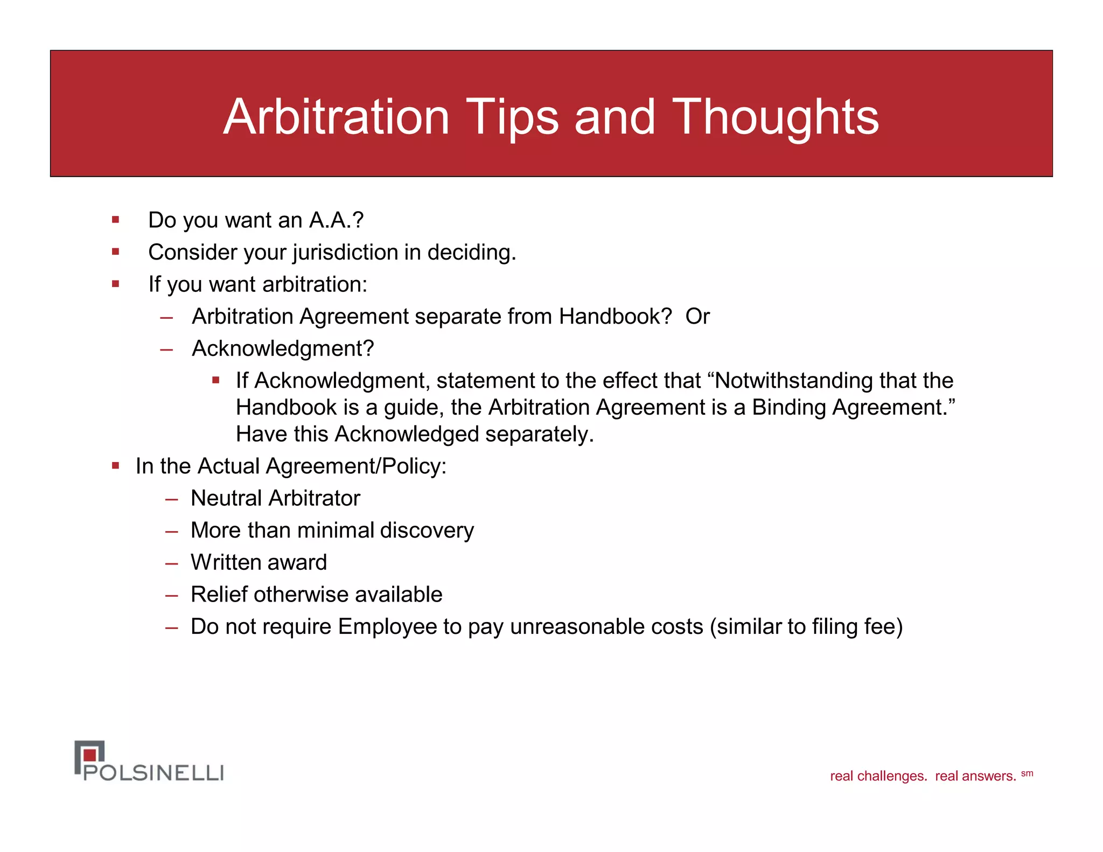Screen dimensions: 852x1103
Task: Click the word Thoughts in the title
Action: pos(775,117)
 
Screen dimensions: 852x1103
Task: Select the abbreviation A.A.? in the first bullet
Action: pos(336,220)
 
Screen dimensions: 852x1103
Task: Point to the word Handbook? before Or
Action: pos(615,317)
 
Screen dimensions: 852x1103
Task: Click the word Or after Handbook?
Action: pos(697,317)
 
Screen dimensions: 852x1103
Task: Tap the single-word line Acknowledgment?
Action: pos(283,349)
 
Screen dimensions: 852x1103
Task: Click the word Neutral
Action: pos(226,499)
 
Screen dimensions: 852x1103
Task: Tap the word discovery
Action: pos(427,531)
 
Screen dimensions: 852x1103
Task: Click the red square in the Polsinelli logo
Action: pos(90,755)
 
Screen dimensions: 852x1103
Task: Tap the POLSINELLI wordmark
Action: pos(153,773)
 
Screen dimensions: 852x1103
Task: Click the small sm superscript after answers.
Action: pos(1027,773)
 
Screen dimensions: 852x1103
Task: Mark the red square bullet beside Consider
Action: pos(115,252)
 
